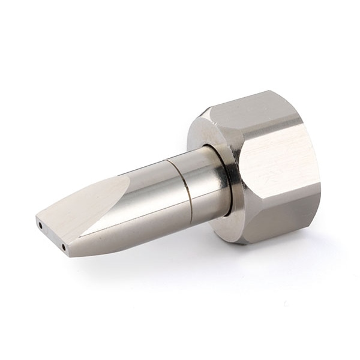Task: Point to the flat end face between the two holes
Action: (52, 236)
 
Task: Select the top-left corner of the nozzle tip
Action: (37, 217)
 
